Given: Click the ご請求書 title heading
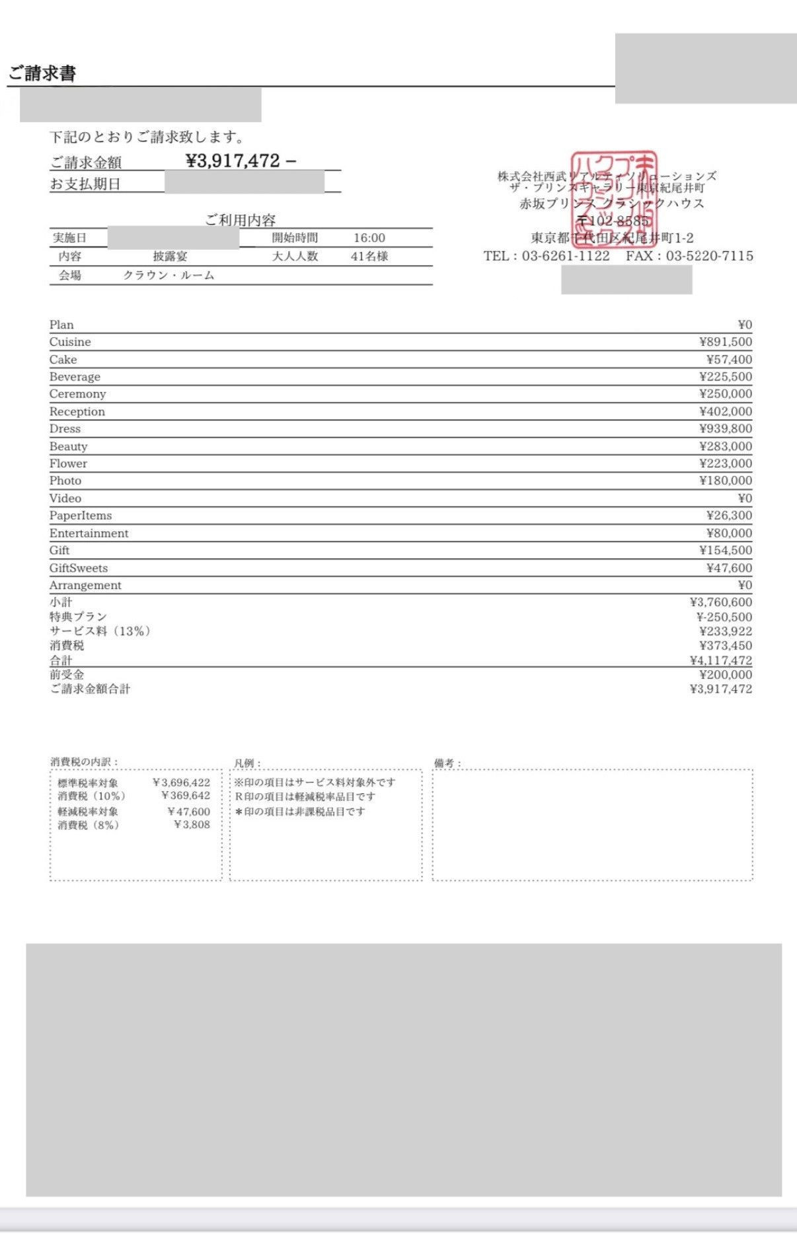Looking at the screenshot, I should pyautogui.click(x=42, y=73).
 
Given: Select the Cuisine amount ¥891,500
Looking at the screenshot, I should pyautogui.click(x=725, y=342).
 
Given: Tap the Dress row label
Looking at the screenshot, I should pyautogui.click(x=65, y=429).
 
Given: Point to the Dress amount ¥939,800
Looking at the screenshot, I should pyautogui.click(x=725, y=429).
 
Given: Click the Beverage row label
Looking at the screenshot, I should pyautogui.click(x=75, y=377).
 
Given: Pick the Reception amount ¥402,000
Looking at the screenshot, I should pyautogui.click(x=725, y=411).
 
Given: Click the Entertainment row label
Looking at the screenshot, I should pyautogui.click(x=89, y=533).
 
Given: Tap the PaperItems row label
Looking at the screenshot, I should pyautogui.click(x=81, y=516).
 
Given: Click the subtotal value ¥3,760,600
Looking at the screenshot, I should pyautogui.click(x=720, y=602).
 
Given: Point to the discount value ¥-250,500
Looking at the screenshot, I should pyautogui.click(x=724, y=617).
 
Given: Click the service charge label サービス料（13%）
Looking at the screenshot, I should pyautogui.click(x=100, y=631).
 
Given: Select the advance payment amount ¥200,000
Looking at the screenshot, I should pyautogui.click(x=725, y=675).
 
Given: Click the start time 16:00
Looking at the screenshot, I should pyautogui.click(x=369, y=238).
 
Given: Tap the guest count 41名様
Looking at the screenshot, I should pyautogui.click(x=369, y=256).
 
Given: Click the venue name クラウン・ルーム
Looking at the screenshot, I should pyautogui.click(x=169, y=276).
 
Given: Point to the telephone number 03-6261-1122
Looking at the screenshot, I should pyautogui.click(x=566, y=256).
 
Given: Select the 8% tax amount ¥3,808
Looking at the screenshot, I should pyautogui.click(x=192, y=825).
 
